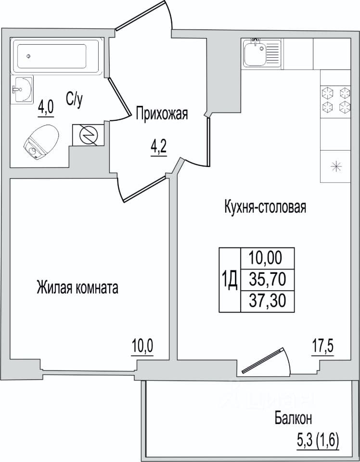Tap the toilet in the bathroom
pyautogui.click(x=41, y=142)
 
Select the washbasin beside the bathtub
pyautogui.click(x=23, y=89)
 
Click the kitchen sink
pyautogui.click(x=262, y=53)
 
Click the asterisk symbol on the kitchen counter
pyautogui.click(x=336, y=167)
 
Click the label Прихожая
pyautogui.click(x=162, y=115)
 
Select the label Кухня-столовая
pyautogui.click(x=265, y=207)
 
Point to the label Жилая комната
pyautogui.click(x=77, y=288)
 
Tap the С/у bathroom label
pyautogui.click(x=74, y=100)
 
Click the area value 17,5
pyautogui.click(x=322, y=346)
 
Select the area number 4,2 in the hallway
pyautogui.click(x=159, y=148)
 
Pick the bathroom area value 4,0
pyautogui.click(x=46, y=109)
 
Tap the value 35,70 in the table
pyautogui.click(x=268, y=279)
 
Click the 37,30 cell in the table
pyautogui.click(x=268, y=301)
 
